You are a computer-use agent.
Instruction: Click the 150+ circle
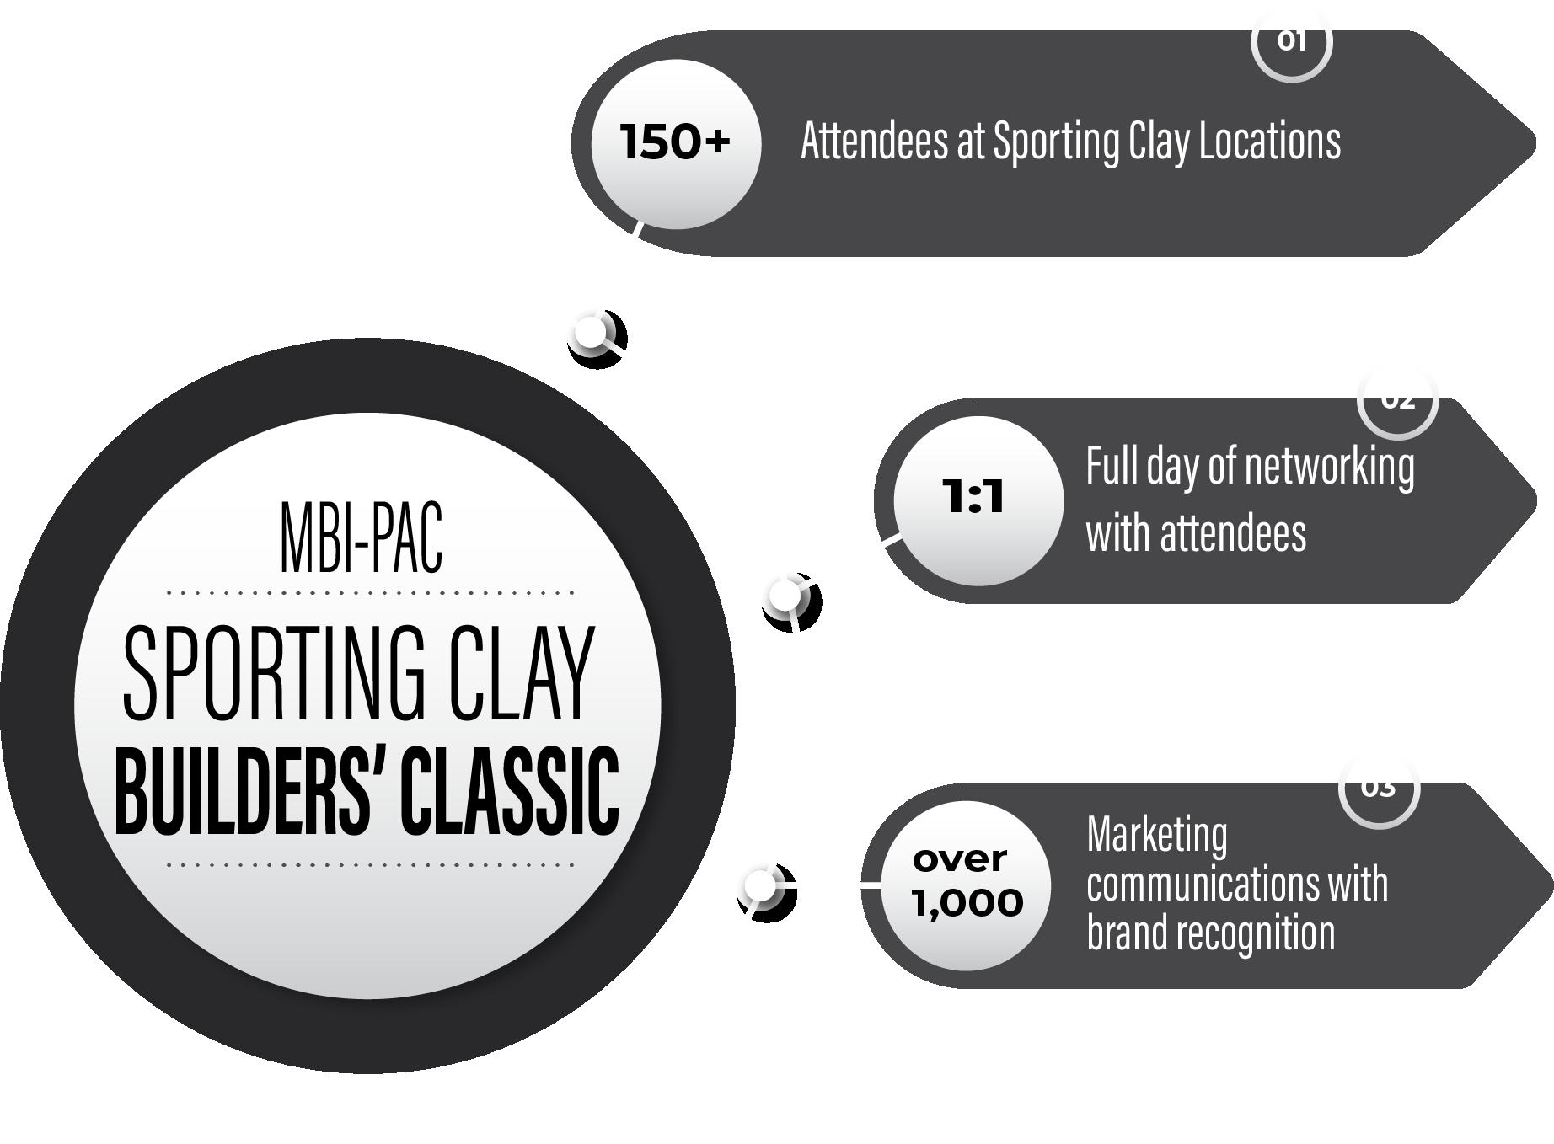click(x=675, y=142)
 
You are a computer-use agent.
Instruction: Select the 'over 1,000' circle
click(x=967, y=884)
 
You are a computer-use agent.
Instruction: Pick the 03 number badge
click(x=1379, y=790)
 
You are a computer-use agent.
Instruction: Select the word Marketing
click(x=1157, y=835)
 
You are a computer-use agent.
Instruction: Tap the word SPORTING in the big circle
click(x=275, y=674)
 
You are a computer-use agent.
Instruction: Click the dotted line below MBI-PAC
click(x=370, y=592)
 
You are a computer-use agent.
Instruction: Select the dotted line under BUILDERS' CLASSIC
click(x=370, y=864)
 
